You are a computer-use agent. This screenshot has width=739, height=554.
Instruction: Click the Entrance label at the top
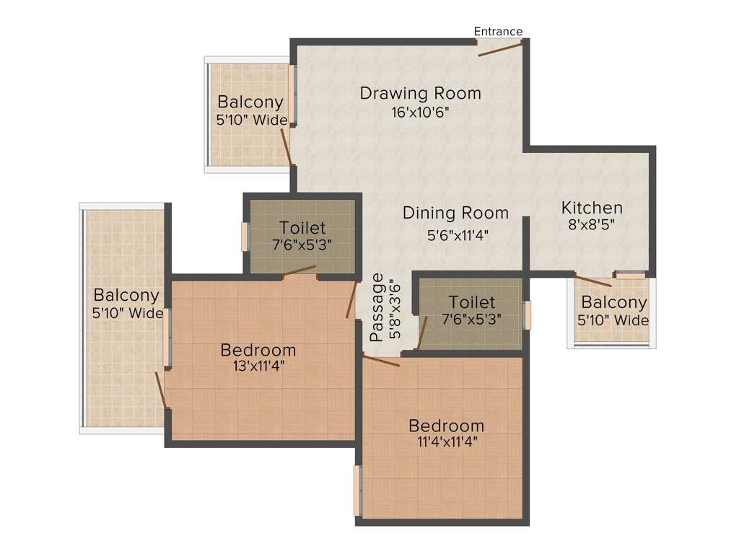[498, 31]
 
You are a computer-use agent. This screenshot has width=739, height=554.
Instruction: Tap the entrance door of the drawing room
[499, 48]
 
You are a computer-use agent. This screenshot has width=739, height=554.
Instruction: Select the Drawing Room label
[420, 93]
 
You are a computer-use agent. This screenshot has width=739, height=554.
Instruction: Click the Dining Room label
[455, 213]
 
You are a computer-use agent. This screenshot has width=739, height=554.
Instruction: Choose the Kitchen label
[592, 208]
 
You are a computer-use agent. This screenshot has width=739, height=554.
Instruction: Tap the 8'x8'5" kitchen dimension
[592, 224]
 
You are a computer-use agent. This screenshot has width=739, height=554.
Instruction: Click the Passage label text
[376, 307]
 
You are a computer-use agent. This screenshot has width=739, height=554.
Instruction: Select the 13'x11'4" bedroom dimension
[258, 366]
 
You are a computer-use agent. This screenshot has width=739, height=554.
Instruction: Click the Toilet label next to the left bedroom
[302, 228]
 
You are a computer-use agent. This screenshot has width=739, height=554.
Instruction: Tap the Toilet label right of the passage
[472, 302]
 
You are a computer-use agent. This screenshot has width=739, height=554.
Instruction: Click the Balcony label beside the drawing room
[250, 102]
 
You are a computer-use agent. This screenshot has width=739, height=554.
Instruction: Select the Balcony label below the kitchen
[614, 302]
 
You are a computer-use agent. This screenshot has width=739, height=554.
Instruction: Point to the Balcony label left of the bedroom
[126, 295]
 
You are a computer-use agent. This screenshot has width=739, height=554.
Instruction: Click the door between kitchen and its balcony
[592, 281]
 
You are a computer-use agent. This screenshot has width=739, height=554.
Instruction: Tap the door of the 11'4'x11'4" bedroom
[381, 361]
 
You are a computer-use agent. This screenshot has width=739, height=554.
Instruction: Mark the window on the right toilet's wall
[528, 315]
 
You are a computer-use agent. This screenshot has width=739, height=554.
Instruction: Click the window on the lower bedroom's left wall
[357, 491]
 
